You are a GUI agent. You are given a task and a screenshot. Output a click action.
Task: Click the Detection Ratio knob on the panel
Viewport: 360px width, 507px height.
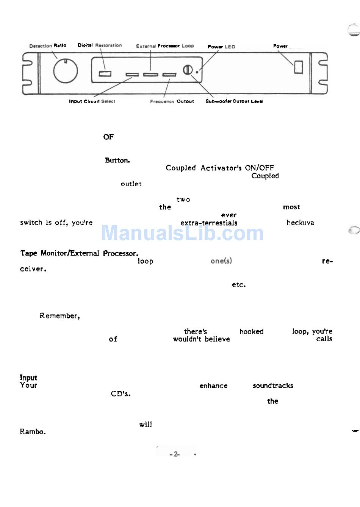66,71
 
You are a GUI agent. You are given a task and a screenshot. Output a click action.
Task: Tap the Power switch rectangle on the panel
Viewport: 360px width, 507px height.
299,67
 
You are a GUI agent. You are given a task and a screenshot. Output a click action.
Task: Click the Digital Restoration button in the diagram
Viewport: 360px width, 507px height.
105,73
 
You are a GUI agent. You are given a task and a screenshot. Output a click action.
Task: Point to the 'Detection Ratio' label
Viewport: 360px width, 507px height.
48,46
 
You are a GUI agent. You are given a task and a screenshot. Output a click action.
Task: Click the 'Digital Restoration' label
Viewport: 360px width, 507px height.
100,45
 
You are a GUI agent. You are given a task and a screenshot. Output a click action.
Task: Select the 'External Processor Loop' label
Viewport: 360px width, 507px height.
165,46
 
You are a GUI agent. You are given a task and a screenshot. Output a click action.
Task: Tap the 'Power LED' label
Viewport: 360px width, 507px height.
221,47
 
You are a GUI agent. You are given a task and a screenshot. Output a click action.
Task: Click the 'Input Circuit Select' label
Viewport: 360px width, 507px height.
92,101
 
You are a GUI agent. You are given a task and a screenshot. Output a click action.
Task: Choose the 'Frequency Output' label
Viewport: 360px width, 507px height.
172,101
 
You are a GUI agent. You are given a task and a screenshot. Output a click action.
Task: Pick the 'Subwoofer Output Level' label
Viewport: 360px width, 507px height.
234,101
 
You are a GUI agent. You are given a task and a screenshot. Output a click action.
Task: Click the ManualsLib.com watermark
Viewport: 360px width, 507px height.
182,233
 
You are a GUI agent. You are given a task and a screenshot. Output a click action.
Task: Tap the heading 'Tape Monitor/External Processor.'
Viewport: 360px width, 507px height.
79,253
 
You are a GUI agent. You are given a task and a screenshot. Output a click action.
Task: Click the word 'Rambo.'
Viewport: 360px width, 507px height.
33,432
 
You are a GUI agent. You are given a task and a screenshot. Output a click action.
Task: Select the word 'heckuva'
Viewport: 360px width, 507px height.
300,223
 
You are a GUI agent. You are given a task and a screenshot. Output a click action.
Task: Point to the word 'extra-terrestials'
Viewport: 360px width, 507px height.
209,223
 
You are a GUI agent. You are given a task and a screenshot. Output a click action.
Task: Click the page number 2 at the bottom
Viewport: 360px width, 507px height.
175,454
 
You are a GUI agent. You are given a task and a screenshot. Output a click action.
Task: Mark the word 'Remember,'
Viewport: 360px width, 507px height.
59,316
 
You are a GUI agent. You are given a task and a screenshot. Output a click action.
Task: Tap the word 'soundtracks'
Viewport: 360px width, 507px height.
273,385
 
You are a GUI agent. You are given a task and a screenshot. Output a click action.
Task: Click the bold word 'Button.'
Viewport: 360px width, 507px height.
117,160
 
